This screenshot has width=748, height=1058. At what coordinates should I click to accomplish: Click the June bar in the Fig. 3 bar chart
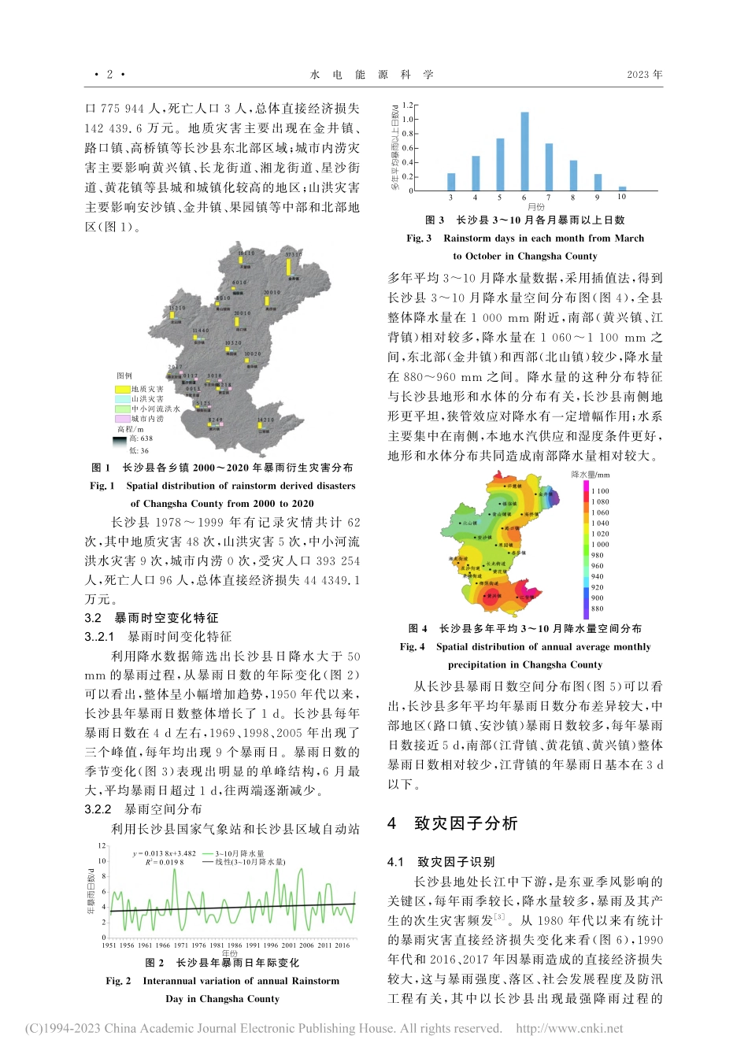[524, 151]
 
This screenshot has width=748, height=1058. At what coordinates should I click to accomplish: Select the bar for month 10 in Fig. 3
[622, 188]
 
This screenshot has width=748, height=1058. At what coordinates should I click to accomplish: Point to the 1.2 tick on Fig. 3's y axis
[407, 105]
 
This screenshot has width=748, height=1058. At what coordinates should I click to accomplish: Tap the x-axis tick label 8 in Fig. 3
[573, 198]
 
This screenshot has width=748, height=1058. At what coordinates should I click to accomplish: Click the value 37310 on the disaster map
[293, 255]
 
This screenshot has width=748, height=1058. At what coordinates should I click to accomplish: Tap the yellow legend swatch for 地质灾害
[123, 389]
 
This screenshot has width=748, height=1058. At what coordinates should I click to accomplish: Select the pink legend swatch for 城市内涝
[123, 419]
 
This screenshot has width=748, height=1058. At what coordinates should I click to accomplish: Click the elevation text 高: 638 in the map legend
[142, 438]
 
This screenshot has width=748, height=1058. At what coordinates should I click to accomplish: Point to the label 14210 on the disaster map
[265, 420]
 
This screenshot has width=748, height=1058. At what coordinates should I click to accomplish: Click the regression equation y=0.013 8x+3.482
[165, 853]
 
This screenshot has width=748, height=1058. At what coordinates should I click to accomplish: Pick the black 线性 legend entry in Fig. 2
[244, 862]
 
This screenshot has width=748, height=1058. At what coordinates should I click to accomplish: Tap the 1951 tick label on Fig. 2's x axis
[109, 945]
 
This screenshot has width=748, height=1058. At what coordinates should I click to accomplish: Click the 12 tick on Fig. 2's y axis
[102, 845]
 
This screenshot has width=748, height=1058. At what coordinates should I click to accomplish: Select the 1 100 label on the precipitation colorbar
[600, 491]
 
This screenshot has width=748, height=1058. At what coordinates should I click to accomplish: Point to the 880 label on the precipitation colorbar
[598, 609]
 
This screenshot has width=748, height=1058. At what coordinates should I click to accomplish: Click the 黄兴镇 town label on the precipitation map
[494, 596]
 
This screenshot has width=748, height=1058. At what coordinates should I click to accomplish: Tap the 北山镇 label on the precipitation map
[469, 523]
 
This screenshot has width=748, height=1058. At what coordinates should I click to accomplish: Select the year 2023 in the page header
[644, 75]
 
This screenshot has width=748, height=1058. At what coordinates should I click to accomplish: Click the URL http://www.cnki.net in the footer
[569, 1028]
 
